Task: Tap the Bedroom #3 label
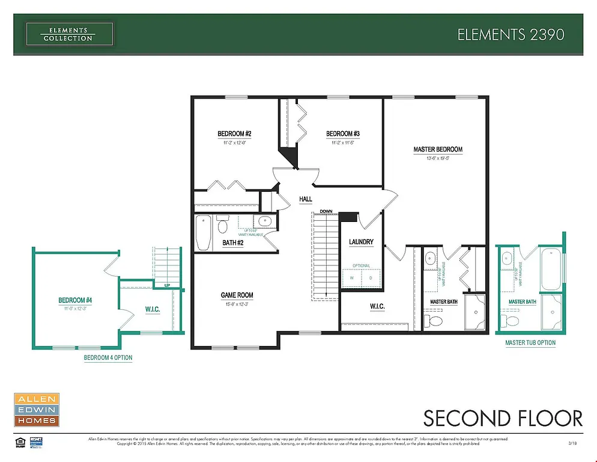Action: (x=343, y=134)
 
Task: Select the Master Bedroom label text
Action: (x=438, y=149)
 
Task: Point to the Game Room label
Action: (x=237, y=295)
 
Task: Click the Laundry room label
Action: (x=361, y=242)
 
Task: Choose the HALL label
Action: (x=306, y=199)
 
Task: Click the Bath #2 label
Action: (x=232, y=243)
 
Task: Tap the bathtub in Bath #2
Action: (x=203, y=233)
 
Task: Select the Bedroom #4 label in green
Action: (x=74, y=300)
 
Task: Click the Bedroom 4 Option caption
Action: (x=108, y=358)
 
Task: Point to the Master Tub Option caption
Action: (x=530, y=343)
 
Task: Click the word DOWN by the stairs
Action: (x=326, y=212)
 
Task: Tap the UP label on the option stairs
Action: (x=167, y=285)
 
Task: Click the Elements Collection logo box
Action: (x=68, y=34)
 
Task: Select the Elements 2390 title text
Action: (x=511, y=34)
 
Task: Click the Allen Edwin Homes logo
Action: (x=36, y=410)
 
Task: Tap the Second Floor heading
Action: (x=503, y=417)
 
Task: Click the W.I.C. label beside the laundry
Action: (x=377, y=307)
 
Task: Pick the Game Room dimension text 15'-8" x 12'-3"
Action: (x=237, y=304)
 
